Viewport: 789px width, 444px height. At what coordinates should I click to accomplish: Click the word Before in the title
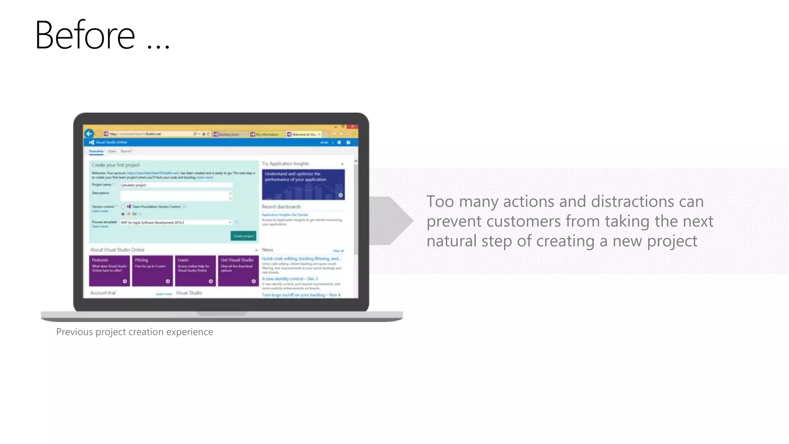pyautogui.click(x=85, y=35)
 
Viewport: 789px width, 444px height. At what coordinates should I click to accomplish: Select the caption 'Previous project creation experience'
pyautogui.click(x=134, y=332)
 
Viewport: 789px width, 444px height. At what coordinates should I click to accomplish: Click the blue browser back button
pyautogui.click(x=89, y=134)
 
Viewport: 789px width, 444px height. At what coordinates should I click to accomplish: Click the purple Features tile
pyautogui.click(x=109, y=271)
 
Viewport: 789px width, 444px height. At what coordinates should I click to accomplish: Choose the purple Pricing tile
pyautogui.click(x=152, y=271)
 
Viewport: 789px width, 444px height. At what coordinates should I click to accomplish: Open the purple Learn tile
pyautogui.click(x=195, y=271)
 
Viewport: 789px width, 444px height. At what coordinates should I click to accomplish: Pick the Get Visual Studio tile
pyautogui.click(x=238, y=271)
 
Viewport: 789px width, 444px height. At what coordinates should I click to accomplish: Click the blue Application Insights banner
pyautogui.click(x=303, y=185)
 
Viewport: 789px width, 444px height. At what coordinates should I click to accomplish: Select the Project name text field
pyautogui.click(x=176, y=185)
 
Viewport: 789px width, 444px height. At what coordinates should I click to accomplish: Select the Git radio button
pyautogui.click(x=123, y=214)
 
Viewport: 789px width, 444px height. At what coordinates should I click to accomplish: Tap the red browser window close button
pyautogui.click(x=353, y=126)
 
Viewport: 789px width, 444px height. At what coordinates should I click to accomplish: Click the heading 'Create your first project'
pyautogui.click(x=116, y=165)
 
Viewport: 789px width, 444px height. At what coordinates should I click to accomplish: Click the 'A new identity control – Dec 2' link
pyautogui.click(x=290, y=279)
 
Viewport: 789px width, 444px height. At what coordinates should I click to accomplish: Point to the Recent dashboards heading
pyautogui.click(x=281, y=207)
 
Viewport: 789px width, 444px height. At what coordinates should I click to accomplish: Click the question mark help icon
pyautogui.click(x=348, y=143)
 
